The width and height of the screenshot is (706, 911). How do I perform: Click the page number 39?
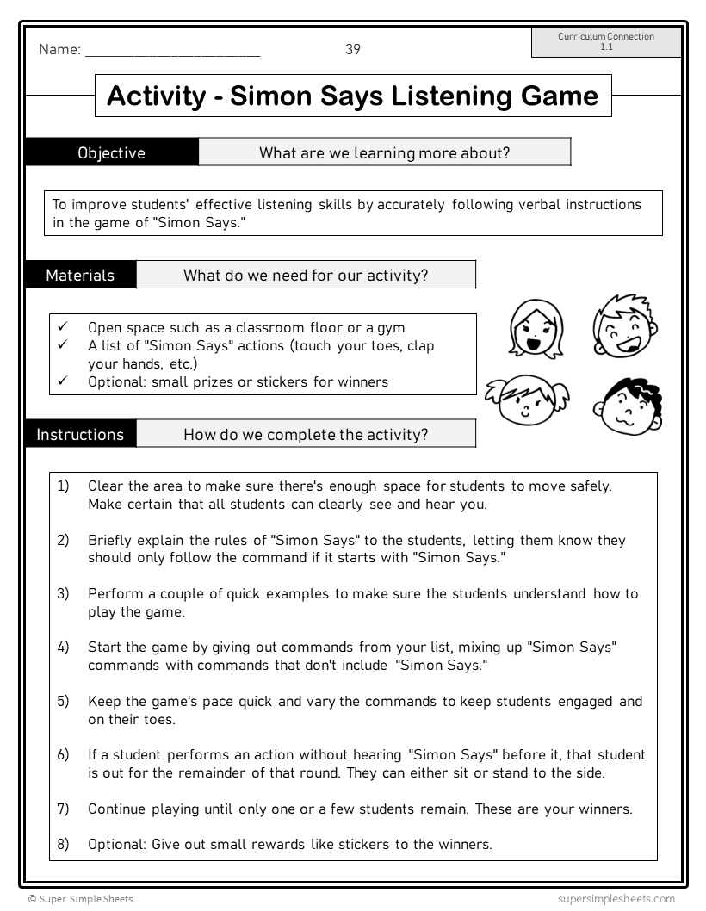[353, 49]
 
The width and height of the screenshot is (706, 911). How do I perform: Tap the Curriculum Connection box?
[606, 41]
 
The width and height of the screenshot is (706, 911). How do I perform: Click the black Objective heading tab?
[112, 152]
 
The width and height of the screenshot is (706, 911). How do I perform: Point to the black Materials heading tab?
[80, 276]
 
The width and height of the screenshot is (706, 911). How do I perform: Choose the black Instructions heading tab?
[80, 434]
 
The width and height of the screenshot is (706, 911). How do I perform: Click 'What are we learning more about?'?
[384, 152]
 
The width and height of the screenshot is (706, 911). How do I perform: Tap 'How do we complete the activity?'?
[306, 434]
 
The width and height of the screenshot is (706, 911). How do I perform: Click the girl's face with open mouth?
[535, 329]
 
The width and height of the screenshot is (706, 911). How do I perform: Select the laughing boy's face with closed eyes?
[624, 326]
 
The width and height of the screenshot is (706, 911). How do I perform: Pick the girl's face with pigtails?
[523, 399]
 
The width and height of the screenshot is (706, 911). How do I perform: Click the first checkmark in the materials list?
[62, 327]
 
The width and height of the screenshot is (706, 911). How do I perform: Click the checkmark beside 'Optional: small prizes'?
[62, 381]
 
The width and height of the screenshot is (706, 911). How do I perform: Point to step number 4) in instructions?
[63, 647]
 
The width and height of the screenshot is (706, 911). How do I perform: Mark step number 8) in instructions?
[63, 844]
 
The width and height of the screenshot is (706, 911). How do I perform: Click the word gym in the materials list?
[392, 327]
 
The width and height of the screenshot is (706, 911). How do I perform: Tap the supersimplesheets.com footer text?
[616, 899]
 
